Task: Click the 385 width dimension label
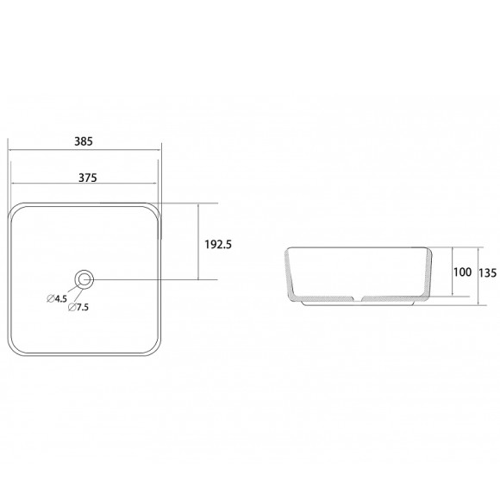[84, 141]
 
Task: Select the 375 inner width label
[88, 178]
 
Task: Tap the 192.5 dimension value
[218, 245]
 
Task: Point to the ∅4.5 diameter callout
[57, 299]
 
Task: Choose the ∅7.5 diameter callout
[78, 307]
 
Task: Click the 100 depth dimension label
[462, 272]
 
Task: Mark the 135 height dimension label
[488, 272]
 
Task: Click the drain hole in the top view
[84, 279]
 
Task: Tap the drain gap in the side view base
[358, 299]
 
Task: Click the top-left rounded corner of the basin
[15, 209]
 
